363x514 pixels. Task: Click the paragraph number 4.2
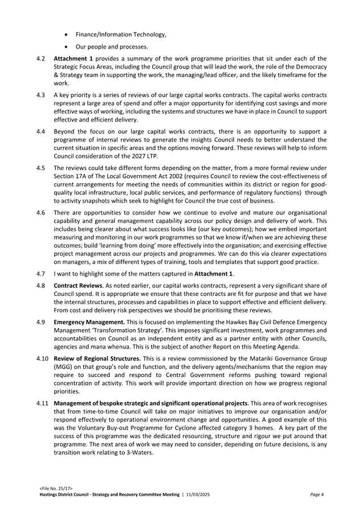[40, 58]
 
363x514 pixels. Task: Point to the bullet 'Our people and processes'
[112, 46]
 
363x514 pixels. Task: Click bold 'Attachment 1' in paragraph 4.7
[214, 274]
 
